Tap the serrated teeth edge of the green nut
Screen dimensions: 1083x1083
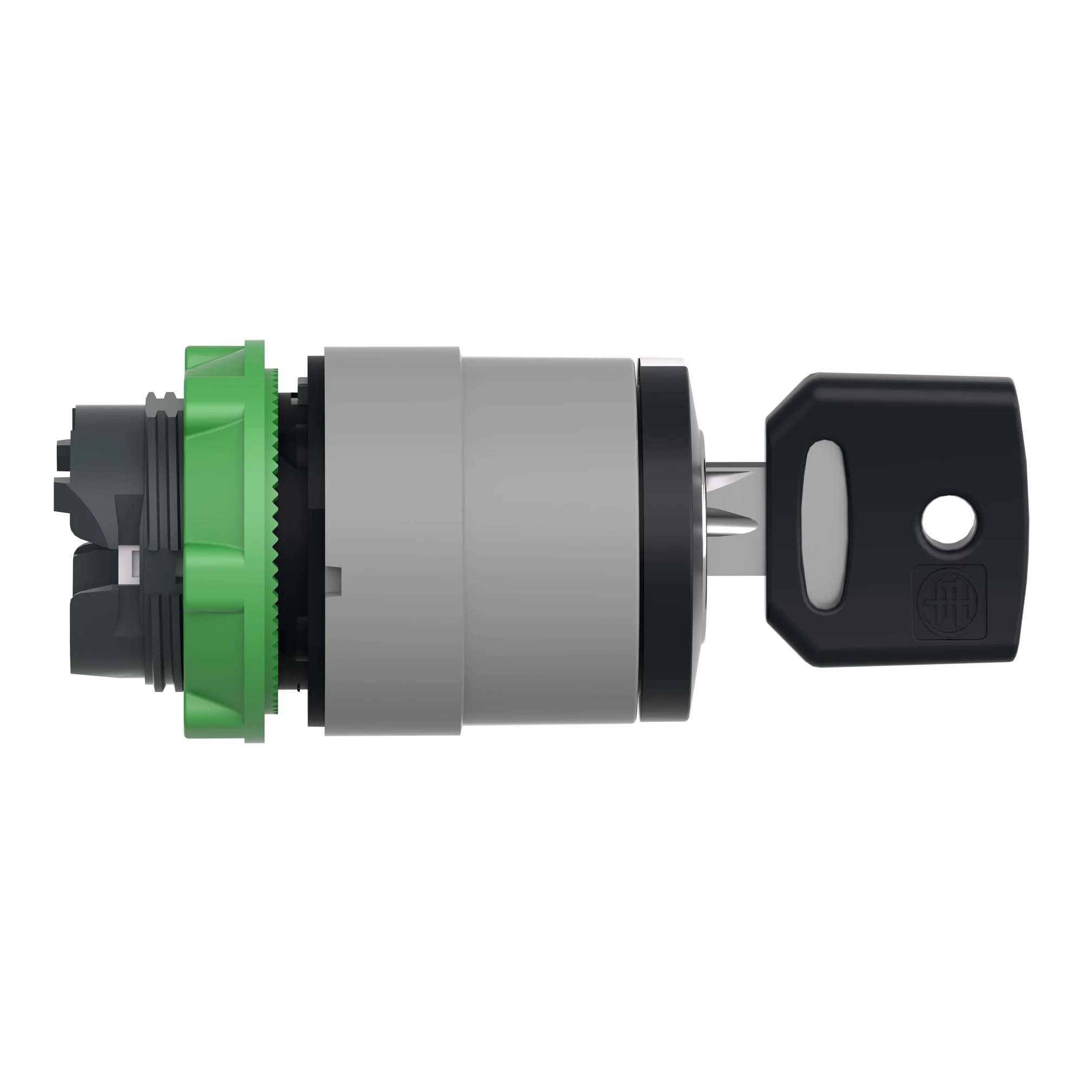click(274, 538)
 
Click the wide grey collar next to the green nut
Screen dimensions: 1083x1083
click(393, 538)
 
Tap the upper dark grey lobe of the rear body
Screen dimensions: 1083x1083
click(93, 448)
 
